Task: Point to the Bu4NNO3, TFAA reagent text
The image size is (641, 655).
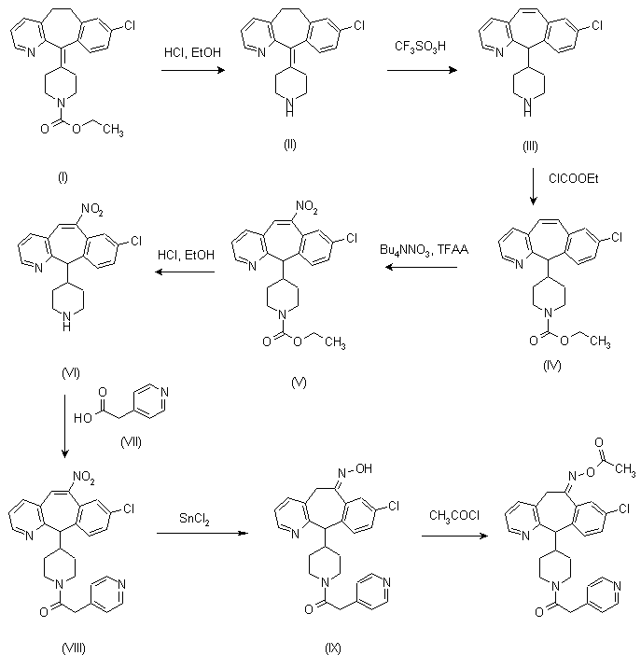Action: coord(419,251)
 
